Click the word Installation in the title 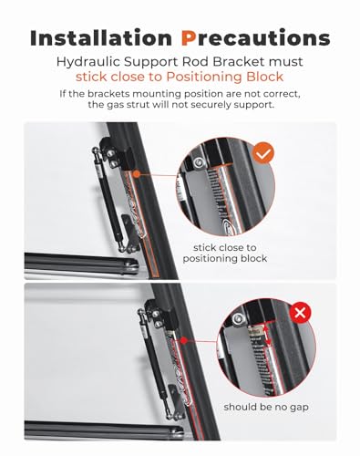pos(101,38)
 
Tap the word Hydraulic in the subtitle pos(87,62)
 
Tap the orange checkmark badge pos(263,153)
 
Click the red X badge pos(300,312)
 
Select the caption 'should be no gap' pos(266,408)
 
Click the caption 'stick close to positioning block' pos(225,253)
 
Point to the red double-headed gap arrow pos(268,337)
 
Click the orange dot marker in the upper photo pos(137,174)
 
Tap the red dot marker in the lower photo pos(183,340)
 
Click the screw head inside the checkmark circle pos(199,162)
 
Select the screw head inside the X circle pos(238,319)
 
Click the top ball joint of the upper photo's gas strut pos(96,150)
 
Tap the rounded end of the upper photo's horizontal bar pos(132,266)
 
